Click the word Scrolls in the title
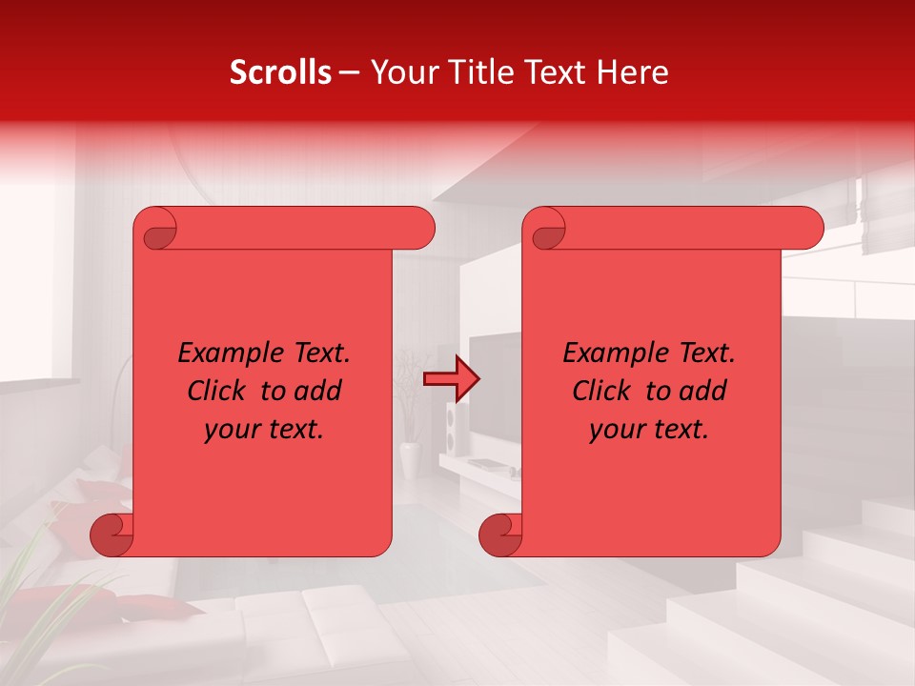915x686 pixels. pos(281,72)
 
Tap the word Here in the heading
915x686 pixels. pos(633,72)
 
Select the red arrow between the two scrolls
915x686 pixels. pos(451,379)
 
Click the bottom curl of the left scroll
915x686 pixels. pos(112,535)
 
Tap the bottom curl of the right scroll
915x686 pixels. pos(500,535)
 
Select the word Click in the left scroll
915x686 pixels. pos(216,391)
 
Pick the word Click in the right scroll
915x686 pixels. pos(601,391)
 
